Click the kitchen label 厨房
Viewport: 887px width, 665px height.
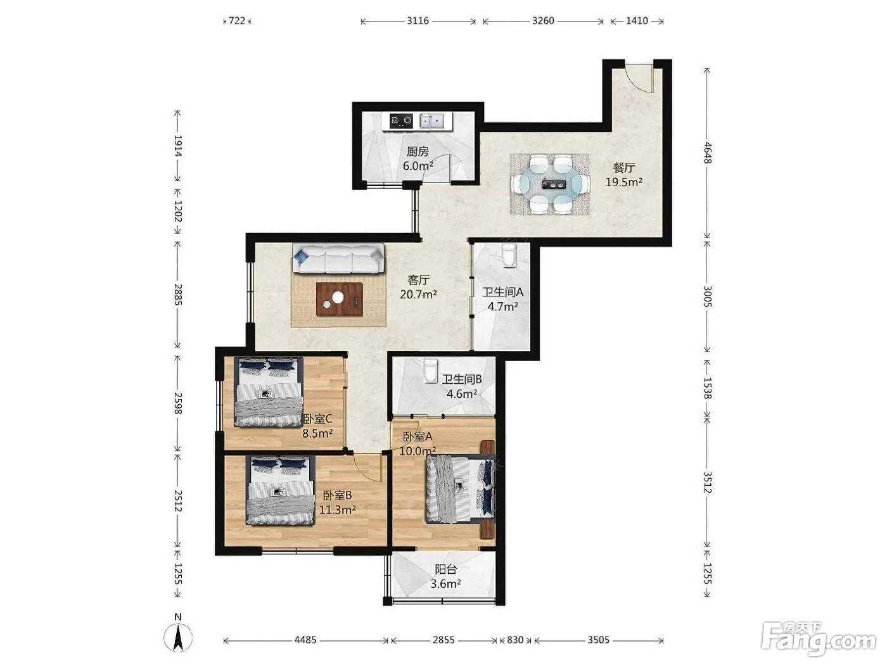tap(418, 151)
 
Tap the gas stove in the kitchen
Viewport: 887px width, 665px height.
tap(401, 120)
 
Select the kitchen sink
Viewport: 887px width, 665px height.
tap(431, 120)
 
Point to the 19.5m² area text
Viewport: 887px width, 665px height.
tap(623, 182)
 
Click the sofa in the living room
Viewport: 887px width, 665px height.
tap(338, 258)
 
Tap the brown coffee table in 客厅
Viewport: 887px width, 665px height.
tap(340, 299)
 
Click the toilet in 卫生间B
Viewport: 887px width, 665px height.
tap(431, 371)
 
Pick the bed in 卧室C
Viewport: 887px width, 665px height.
tap(269, 391)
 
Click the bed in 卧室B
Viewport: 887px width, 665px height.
tap(281, 490)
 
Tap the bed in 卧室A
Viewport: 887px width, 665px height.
tap(461, 489)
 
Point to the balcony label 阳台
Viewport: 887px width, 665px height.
tap(445, 569)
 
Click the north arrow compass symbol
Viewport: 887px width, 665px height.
tap(178, 638)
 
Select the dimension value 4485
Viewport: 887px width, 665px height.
tap(305, 640)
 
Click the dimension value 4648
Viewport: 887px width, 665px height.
tap(707, 153)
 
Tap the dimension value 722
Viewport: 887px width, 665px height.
tap(237, 21)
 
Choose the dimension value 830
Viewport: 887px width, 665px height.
tap(515, 640)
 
